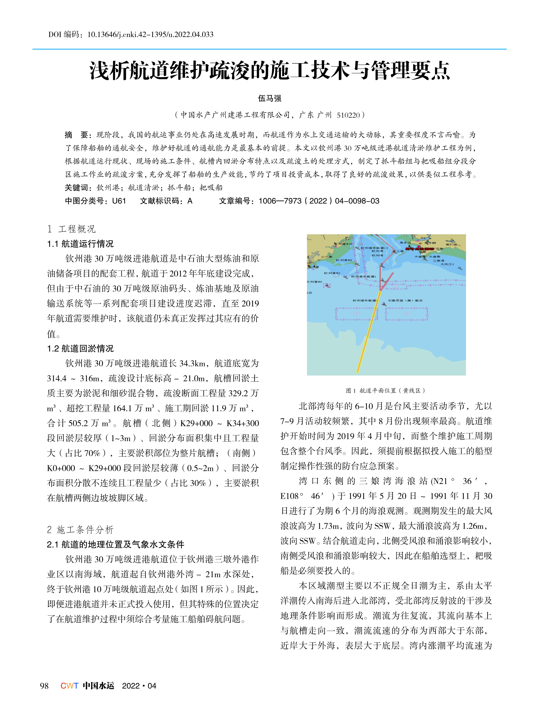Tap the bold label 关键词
pos(76,188)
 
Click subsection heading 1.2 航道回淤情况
pos(80,349)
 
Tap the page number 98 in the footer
pos(44,686)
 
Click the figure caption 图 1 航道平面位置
pos(386,390)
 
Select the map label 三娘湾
pos(438,261)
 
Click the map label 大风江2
pos(447,264)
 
